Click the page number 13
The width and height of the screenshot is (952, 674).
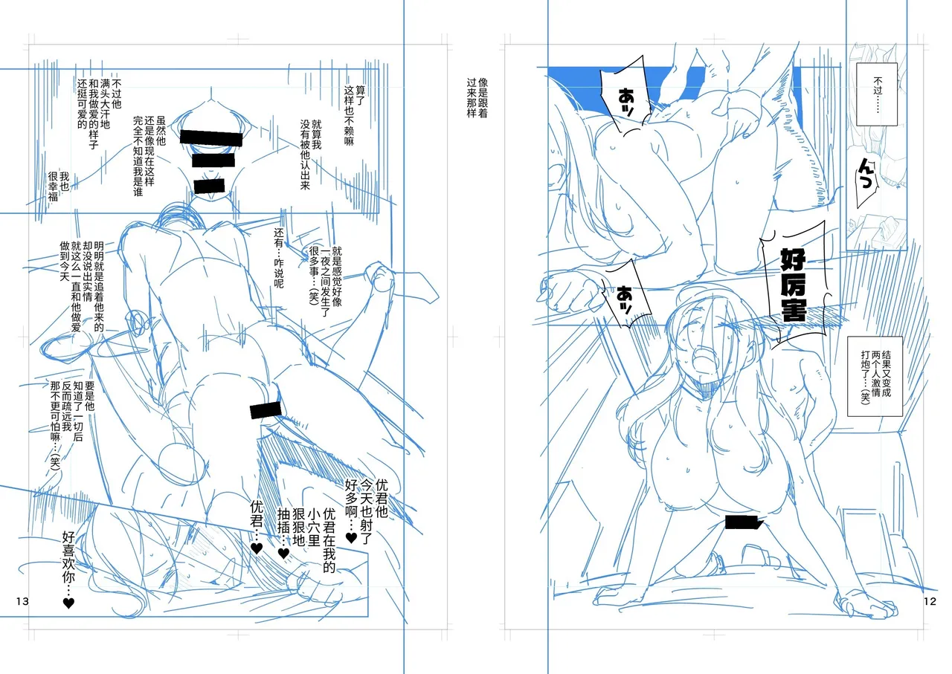pyautogui.click(x=22, y=601)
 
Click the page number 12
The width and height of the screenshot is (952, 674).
pyautogui.click(x=930, y=601)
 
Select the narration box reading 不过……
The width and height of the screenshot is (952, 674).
pyautogui.click(x=877, y=94)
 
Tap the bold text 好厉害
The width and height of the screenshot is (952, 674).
pyautogui.click(x=793, y=285)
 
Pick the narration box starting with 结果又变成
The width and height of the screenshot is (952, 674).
pyautogui.click(x=875, y=376)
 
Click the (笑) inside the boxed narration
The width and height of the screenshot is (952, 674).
pyautogui.click(x=865, y=396)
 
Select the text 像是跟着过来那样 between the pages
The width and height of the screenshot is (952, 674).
pyautogui.click(x=477, y=97)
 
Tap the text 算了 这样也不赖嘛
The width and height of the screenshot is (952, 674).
pyautogui.click(x=355, y=115)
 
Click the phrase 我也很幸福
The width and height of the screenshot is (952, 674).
pyautogui.click(x=59, y=187)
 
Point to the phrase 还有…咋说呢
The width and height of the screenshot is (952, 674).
pyautogui.click(x=278, y=258)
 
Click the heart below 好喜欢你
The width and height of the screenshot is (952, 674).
pyautogui.click(x=68, y=603)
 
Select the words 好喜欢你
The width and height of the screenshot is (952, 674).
pyautogui.click(x=68, y=557)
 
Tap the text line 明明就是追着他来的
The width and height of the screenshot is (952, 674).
pyautogui.click(x=99, y=286)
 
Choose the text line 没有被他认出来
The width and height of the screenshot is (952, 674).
pyautogui.click(x=305, y=155)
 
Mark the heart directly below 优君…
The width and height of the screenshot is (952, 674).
pyautogui.click(x=257, y=548)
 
